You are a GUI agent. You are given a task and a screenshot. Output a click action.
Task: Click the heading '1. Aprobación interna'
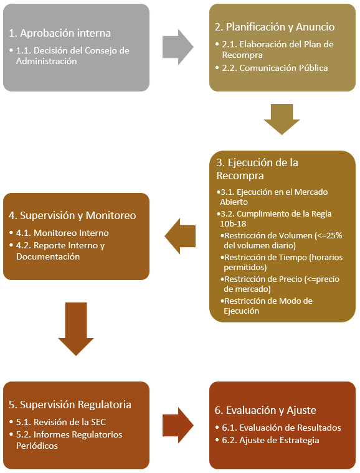(60, 33)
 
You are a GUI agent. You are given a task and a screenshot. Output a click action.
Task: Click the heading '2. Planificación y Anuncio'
(275, 27)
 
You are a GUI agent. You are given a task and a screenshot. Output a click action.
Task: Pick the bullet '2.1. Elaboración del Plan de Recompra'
(278, 50)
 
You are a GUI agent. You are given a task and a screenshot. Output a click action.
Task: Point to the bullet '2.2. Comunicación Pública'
(275, 68)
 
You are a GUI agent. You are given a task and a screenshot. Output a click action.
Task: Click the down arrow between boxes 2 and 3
(282, 118)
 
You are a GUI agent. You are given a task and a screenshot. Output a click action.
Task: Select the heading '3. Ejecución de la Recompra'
(257, 169)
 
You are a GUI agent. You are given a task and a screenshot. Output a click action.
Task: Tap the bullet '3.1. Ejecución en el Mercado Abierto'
(273, 196)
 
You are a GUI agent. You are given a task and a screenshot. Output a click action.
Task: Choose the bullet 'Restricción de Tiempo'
(283, 261)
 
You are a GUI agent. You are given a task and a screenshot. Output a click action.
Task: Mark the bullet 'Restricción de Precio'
(282, 284)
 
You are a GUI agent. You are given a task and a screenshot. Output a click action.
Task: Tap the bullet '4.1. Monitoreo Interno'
(62, 233)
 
